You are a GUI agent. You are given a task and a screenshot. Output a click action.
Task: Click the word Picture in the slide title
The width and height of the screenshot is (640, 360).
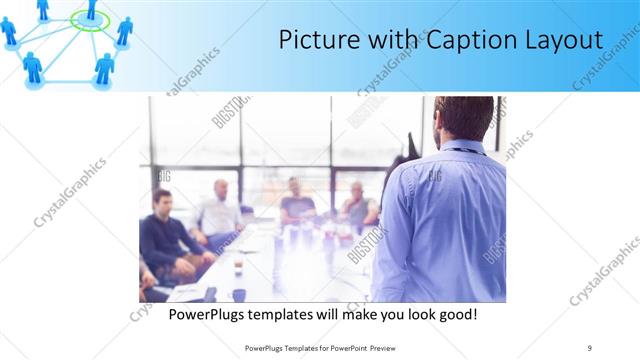(317, 41)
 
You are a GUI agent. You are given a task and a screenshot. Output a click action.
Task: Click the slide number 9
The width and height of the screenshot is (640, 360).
(590, 347)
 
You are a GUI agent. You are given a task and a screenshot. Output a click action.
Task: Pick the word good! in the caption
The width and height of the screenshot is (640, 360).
(452, 314)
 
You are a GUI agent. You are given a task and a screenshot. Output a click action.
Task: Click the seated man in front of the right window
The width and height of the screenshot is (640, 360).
(358, 205)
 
